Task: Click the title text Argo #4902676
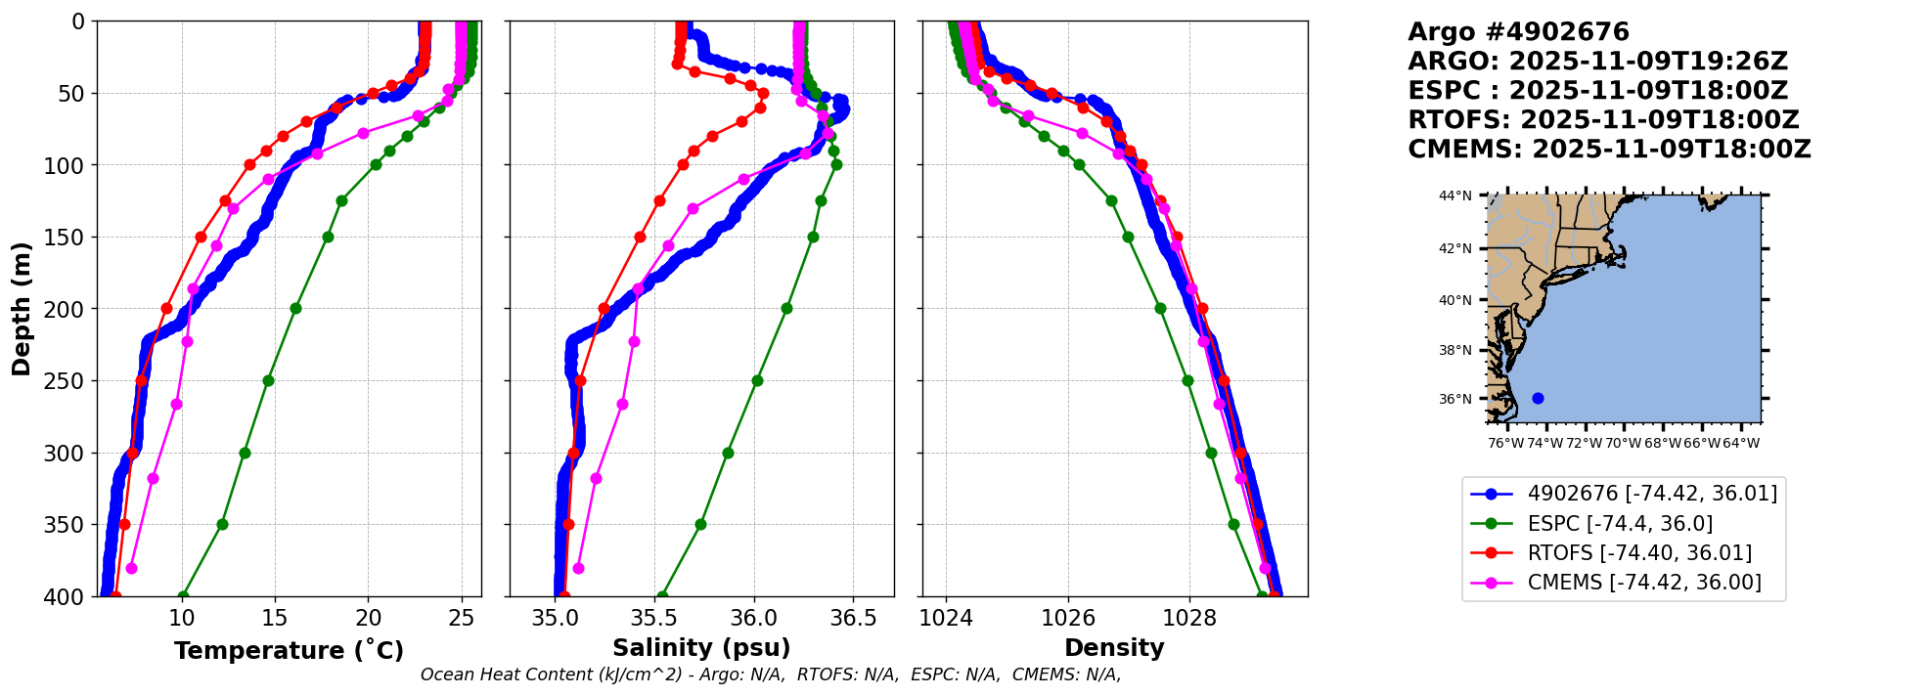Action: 1518,32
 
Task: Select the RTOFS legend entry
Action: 1638,553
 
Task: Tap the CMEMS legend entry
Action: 1643,583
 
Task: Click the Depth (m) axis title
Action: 22,309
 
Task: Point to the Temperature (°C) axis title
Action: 289,651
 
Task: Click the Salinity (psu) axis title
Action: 701,648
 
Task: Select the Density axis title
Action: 1114,648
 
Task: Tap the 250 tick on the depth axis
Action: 69,381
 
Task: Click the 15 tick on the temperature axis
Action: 275,618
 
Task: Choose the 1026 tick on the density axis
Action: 1068,618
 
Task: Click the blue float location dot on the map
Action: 1538,398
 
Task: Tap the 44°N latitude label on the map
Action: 1454,196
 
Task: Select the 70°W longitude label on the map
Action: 1624,443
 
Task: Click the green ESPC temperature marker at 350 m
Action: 222,524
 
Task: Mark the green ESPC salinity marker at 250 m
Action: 757,380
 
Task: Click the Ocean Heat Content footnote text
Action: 771,674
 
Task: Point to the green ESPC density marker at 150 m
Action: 1128,237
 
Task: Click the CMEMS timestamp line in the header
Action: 1609,150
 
